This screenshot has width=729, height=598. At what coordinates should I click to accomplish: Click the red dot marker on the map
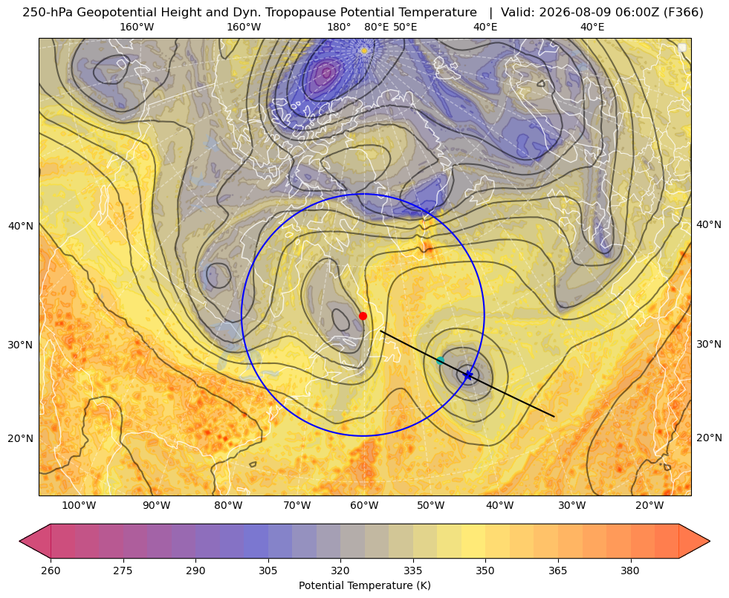[x=363, y=316]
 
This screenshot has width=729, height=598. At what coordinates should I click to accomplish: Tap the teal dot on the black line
[x=440, y=360]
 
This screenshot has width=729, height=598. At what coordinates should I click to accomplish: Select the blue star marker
[x=467, y=375]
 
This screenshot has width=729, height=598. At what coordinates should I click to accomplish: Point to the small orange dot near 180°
[x=364, y=51]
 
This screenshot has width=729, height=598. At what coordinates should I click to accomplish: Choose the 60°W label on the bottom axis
[x=364, y=506]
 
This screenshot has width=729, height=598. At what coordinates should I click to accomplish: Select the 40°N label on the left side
[x=21, y=227]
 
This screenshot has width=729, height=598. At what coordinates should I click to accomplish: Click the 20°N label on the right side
[x=709, y=438]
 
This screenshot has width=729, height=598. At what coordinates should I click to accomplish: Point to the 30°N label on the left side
[x=21, y=345]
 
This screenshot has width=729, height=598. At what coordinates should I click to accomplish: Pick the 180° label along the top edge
[x=339, y=27]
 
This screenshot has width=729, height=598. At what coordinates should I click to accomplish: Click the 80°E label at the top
[x=376, y=27]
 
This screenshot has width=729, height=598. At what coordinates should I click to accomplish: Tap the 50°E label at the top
[x=405, y=27]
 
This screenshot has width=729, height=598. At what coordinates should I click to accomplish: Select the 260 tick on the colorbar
[x=51, y=571]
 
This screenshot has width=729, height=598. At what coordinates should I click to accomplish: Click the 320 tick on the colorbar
[x=340, y=571]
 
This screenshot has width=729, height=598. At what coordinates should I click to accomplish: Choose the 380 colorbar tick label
[x=630, y=571]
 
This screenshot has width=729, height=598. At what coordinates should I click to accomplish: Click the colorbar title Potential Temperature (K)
[x=364, y=585]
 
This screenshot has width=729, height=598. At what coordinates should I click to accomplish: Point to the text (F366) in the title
[x=684, y=13]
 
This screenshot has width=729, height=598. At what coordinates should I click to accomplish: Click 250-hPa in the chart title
[x=48, y=13]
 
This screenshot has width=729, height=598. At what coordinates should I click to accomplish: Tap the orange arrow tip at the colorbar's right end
[x=710, y=541]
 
